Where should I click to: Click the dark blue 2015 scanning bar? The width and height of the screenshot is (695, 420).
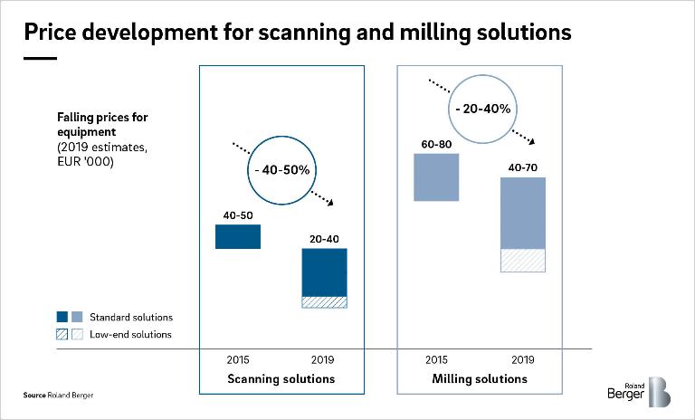point(238,236)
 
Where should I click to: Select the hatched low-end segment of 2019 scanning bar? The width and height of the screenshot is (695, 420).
point(324,302)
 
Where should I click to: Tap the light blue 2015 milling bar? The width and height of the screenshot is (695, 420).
point(435,177)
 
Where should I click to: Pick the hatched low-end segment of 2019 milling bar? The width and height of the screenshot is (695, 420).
point(523,260)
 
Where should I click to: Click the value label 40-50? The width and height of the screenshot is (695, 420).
point(238,215)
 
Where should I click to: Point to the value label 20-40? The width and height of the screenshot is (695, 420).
point(324,240)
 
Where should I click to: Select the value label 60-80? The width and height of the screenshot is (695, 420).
point(435,144)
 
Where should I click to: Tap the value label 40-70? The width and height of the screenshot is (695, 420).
point(523,167)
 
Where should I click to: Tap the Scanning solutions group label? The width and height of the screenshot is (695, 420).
point(281,378)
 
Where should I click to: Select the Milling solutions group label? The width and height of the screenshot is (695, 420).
point(480,378)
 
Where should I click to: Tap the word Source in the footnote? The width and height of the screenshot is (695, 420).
point(34,396)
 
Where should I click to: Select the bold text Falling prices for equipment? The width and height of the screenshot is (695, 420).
point(101,124)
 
